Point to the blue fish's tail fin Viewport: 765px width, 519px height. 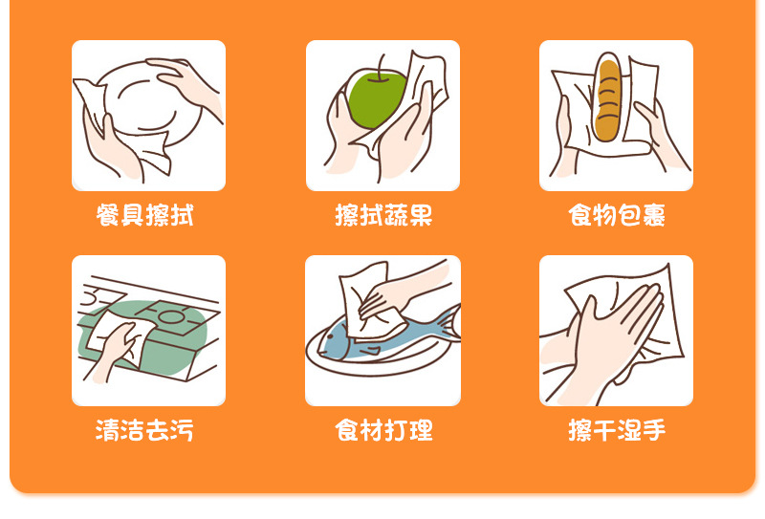point(448,323)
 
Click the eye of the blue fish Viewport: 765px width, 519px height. point(332,336)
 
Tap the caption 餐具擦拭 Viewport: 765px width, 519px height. point(145,215)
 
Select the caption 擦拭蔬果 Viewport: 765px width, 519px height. point(383,215)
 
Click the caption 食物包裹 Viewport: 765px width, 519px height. point(617,215)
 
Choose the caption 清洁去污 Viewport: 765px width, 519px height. point(145,430)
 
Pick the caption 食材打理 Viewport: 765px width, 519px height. point(383,430)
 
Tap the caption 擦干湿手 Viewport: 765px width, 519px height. point(617,430)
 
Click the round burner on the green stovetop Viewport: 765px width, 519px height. point(171,316)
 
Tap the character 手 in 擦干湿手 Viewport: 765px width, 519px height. point(654,430)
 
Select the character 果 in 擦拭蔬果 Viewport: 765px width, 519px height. point(421,215)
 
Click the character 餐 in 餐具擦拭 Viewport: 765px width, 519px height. point(108,215)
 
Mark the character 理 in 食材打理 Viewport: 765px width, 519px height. point(421,430)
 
